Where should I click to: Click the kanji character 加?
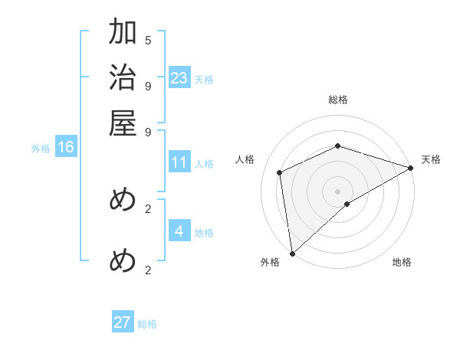point(123,33)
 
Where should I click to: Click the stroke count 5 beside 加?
point(148,40)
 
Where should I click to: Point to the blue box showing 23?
point(179,78)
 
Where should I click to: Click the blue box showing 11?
point(179,162)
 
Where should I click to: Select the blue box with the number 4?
point(179,231)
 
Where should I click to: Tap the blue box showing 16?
point(66,148)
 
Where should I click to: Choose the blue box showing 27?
point(123,322)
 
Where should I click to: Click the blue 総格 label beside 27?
point(148,324)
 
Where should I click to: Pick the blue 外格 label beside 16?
point(41,149)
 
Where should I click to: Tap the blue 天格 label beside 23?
point(204,79)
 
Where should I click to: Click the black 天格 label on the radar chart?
point(431,159)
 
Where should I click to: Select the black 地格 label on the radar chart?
point(402,262)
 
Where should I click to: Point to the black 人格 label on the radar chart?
point(245,159)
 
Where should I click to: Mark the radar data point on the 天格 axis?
point(411,168)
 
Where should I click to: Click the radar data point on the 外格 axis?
point(292,254)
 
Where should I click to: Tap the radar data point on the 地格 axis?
point(347,204)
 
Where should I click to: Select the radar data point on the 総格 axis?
point(337,146)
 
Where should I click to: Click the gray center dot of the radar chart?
point(337,191)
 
